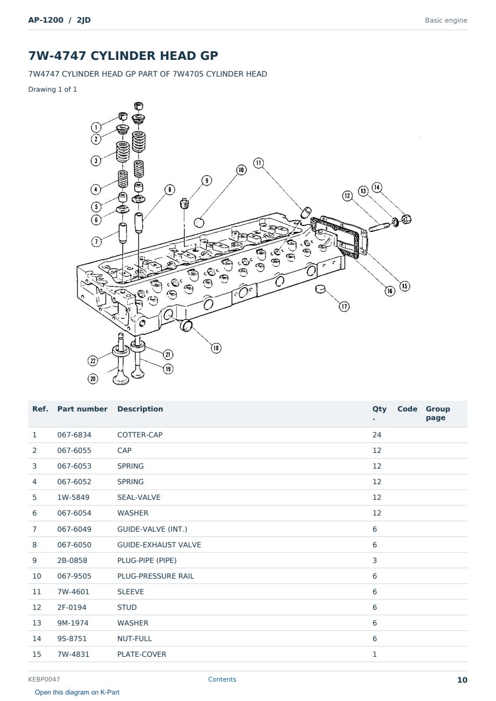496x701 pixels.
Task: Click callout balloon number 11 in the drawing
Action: [258, 163]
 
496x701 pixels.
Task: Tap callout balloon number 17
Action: [344, 306]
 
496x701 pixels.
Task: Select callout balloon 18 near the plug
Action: [216, 348]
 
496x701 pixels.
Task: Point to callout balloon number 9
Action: [206, 181]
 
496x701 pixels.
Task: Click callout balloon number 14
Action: [377, 188]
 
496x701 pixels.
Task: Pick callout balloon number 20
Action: [93, 379]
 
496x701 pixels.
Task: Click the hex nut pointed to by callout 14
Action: [406, 219]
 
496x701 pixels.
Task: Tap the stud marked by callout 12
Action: [379, 226]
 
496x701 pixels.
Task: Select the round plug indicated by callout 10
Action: [199, 223]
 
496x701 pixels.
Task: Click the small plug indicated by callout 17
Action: [320, 288]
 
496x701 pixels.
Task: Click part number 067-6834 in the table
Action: [74, 435]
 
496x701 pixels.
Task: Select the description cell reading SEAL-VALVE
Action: [139, 497]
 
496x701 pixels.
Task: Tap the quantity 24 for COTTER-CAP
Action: [377, 435]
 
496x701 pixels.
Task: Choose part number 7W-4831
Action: [73, 654]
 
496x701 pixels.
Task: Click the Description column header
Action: [140, 409]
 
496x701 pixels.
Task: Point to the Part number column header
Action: [82, 409]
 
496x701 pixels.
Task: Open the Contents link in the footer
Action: [222, 679]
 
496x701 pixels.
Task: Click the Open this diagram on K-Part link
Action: [77, 692]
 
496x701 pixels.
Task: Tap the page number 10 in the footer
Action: [462, 680]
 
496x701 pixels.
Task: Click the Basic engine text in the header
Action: [446, 20]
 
